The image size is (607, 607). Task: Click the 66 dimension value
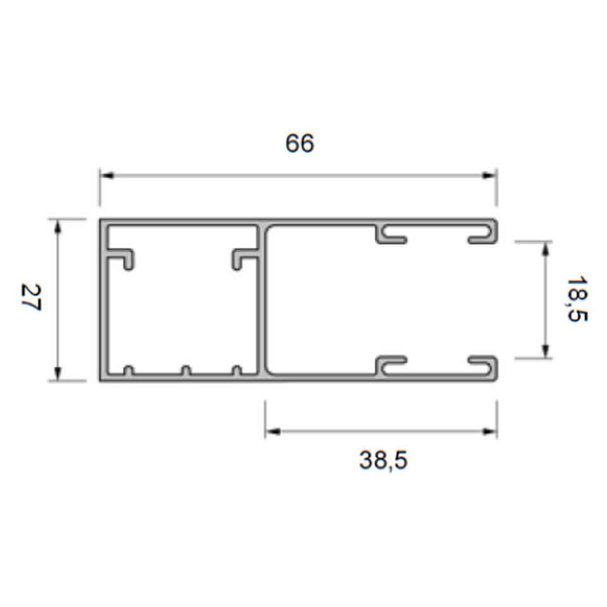(x=300, y=144)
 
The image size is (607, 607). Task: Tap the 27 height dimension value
(x=30, y=297)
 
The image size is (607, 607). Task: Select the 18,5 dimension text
(x=577, y=299)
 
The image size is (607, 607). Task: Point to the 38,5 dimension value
(x=383, y=460)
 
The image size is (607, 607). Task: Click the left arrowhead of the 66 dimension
(x=107, y=176)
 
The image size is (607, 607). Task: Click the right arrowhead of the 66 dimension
(x=489, y=176)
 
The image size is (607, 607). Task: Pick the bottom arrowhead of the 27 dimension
(x=58, y=374)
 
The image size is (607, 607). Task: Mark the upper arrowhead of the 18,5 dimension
(x=546, y=248)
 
